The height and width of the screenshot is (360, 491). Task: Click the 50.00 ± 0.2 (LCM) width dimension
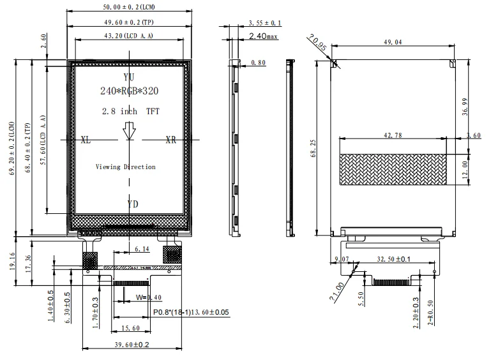130,6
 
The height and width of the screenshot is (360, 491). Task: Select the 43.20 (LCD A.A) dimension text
129,36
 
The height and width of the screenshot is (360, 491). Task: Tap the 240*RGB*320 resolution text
130,91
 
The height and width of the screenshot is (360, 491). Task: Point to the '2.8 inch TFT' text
130,111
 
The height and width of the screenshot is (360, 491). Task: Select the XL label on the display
86,139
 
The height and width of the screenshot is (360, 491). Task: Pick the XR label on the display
171,139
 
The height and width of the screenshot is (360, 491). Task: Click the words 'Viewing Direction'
125,167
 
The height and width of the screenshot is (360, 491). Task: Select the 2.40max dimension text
262,36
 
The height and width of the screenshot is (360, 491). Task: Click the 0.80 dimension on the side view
259,63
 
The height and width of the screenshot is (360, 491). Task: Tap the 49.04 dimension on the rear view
393,42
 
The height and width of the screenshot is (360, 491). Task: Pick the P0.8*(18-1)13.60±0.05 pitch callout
191,312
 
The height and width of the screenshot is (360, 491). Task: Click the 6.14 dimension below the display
142,248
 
